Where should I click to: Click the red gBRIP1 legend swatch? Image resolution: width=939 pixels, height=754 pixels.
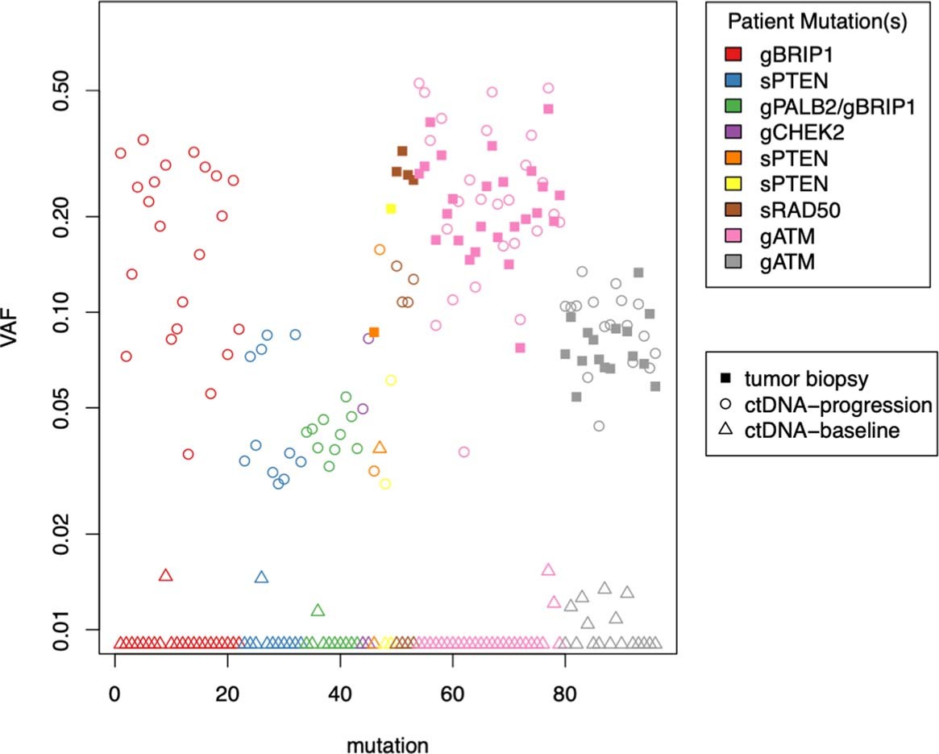(x=733, y=55)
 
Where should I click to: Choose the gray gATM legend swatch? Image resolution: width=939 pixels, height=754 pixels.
(x=733, y=261)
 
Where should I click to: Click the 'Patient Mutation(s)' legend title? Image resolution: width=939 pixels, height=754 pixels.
(x=817, y=23)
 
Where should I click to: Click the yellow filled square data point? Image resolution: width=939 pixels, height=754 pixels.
(x=392, y=209)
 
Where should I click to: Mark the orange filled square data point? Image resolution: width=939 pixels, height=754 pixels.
(x=374, y=332)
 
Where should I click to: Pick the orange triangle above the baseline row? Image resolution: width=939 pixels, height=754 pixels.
(x=380, y=448)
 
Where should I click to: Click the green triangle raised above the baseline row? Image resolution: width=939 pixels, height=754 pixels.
(x=318, y=610)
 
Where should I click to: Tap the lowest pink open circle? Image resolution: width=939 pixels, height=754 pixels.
(x=463, y=452)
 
